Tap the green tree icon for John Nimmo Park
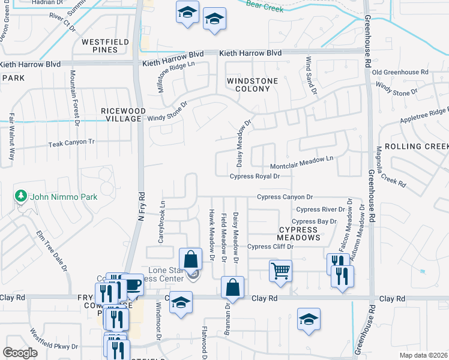[21, 196]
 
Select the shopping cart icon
[280, 271]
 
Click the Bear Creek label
[264, 4]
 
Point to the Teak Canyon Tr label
[71, 142]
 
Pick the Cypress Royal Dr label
[255, 176]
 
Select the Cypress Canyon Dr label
[285, 197]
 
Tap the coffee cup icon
[131, 284]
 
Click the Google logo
[20, 353]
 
